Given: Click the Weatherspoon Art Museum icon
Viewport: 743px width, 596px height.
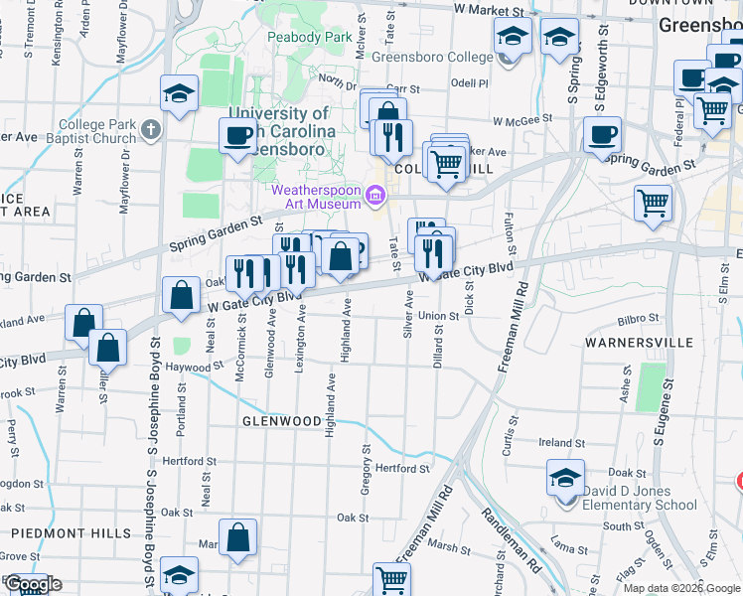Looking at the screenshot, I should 374,194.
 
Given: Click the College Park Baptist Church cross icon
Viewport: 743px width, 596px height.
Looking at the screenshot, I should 150,128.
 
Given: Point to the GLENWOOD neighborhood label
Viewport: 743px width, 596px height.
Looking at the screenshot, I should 281,421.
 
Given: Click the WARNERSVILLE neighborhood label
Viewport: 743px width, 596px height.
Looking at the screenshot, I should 638,343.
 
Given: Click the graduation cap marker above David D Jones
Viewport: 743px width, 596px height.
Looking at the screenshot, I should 565,479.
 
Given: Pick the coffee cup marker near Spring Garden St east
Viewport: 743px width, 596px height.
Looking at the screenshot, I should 603,133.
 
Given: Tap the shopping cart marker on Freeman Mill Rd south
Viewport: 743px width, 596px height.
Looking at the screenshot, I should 391,578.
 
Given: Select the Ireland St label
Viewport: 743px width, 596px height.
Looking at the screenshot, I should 562,443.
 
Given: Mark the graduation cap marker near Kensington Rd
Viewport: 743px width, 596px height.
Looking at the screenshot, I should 180,94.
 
